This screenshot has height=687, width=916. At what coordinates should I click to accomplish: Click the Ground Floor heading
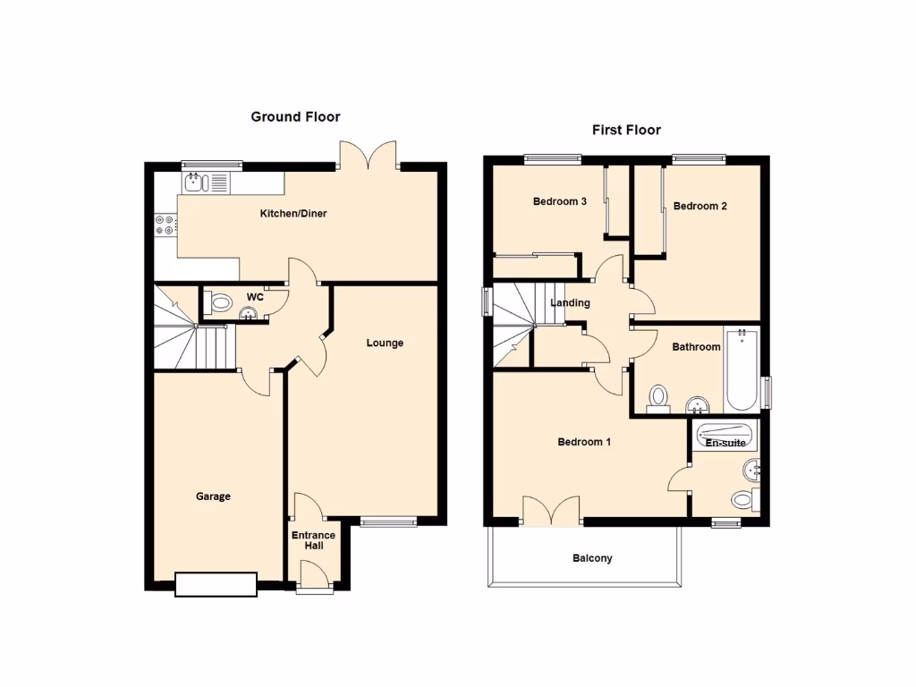[295, 116]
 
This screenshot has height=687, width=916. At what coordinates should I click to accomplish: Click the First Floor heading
[626, 130]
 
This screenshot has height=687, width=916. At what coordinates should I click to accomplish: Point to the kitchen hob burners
[165, 225]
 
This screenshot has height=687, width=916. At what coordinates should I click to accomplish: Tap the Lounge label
[385, 343]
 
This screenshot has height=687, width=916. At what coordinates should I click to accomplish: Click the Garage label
[214, 496]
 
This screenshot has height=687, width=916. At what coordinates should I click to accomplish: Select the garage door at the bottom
[216, 584]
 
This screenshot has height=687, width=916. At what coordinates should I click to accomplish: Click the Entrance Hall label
[313, 540]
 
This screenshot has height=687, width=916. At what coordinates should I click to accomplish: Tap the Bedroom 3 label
[559, 201]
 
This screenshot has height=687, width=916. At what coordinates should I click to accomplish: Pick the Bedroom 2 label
[700, 206]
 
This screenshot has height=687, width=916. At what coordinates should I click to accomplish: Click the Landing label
[570, 302]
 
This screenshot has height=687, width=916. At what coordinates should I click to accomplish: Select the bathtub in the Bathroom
[742, 369]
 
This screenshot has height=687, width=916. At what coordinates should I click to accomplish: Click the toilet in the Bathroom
[659, 396]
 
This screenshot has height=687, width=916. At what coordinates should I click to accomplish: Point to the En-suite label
[725, 443]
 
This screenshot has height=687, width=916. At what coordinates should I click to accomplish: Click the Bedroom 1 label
[584, 442]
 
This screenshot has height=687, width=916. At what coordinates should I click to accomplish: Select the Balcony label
[592, 558]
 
